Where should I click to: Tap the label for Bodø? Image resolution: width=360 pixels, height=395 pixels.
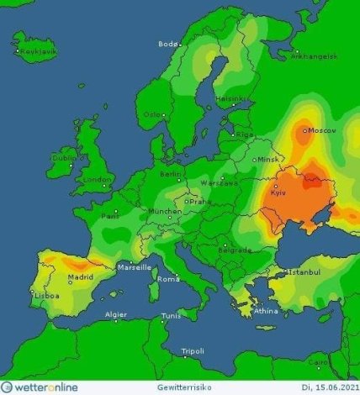168,43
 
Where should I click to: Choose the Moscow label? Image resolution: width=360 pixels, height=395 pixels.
322,130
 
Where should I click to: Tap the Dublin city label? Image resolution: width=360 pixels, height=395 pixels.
64,157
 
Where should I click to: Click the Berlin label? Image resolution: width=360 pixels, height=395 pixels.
171,175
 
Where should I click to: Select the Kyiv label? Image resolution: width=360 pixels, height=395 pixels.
279,194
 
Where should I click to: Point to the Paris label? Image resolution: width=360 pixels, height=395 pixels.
110,215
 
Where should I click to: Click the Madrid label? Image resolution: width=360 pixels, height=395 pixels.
80,276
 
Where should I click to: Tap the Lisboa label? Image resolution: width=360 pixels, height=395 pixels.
46,296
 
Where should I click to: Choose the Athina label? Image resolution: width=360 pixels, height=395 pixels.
265,312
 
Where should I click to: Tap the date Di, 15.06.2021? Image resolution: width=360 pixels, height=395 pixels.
324,387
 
